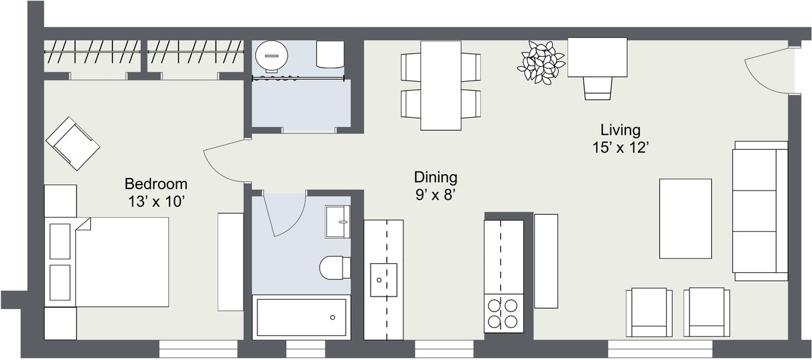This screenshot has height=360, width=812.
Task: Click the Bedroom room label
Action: (156, 184)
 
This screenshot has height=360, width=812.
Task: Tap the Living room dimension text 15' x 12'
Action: (620, 148)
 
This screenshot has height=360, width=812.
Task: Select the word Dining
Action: (435, 177)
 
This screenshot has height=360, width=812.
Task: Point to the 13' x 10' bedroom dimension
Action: (156, 202)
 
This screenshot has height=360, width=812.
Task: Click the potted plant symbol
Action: (541, 63)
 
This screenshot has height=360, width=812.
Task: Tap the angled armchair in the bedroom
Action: (73, 143)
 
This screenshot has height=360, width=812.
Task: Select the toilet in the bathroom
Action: (335, 267)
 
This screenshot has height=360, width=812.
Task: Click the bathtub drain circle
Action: (333, 317)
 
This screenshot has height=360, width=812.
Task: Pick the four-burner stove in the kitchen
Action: (503, 313)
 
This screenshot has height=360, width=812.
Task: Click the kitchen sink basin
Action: (383, 279)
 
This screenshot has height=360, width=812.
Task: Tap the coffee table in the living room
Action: (685, 219)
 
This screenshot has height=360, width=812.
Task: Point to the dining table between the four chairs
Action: (441, 85)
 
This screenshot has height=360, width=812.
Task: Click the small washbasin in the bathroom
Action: (337, 222)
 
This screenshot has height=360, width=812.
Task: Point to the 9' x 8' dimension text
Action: (435, 194)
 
